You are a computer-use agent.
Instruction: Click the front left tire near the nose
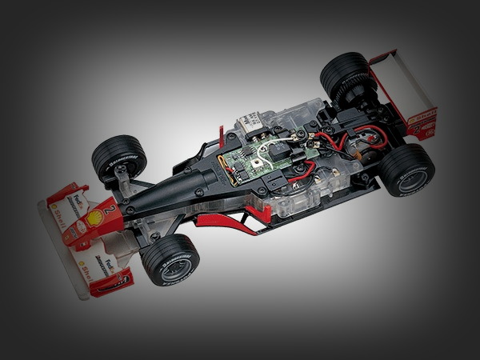point(170,261)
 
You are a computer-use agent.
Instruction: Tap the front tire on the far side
point(119,157)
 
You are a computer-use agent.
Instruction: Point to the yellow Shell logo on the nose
point(95,218)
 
